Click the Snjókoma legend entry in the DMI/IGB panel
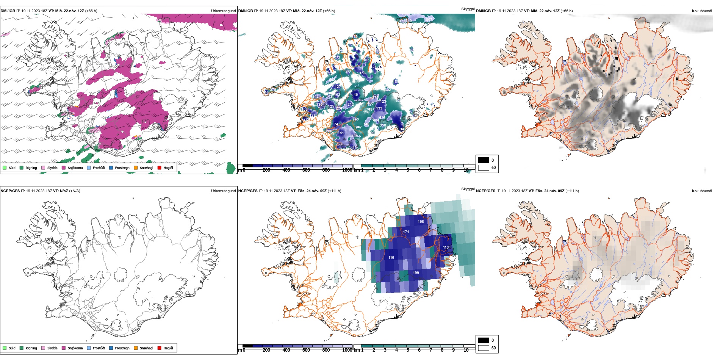click(75, 168)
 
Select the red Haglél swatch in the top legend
click(160, 168)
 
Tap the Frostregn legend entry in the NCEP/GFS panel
click(122, 348)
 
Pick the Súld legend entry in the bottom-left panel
click(12, 348)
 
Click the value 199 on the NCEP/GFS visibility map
click(416, 273)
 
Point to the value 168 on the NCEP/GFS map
click(421, 222)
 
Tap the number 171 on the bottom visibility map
click(406, 232)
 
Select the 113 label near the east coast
click(446, 247)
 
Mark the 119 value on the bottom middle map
click(391, 258)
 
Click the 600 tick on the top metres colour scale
click(306, 170)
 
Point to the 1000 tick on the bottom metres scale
click(347, 350)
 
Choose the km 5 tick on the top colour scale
click(408, 170)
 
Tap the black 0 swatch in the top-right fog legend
click(484, 160)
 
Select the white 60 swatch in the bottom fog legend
click(484, 348)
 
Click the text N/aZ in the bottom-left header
click(64, 191)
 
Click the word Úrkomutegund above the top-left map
click(223, 11)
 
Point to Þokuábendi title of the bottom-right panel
click(702, 191)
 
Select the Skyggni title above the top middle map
click(468, 9)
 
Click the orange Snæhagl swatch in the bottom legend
click(136, 348)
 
